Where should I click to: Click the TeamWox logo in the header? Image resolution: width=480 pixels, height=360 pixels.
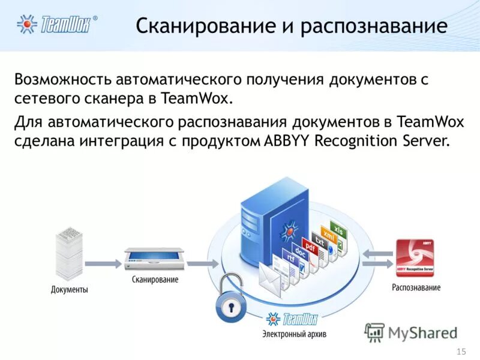pyautogui.click(x=57, y=24)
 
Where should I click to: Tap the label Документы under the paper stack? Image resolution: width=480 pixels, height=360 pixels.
pyautogui.click(x=69, y=290)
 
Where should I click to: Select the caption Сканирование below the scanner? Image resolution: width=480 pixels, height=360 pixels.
pyautogui.click(x=155, y=280)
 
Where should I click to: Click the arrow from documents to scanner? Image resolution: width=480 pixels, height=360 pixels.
pyautogui.click(x=103, y=262)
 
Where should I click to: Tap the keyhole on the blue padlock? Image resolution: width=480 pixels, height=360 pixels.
pyautogui.click(x=230, y=308)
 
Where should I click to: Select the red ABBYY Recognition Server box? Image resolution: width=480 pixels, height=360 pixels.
pyautogui.click(x=415, y=257)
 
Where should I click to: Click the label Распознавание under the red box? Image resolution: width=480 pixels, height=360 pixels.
pyautogui.click(x=416, y=287)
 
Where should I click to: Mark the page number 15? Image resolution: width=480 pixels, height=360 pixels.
pyautogui.click(x=461, y=351)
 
